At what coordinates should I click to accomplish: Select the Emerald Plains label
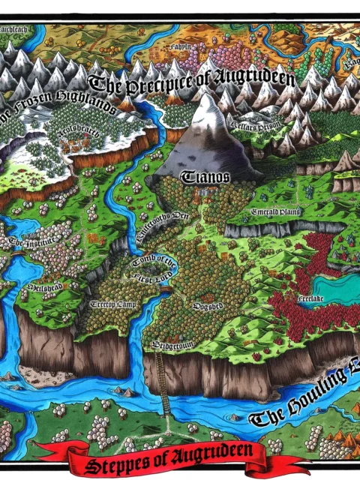275,211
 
